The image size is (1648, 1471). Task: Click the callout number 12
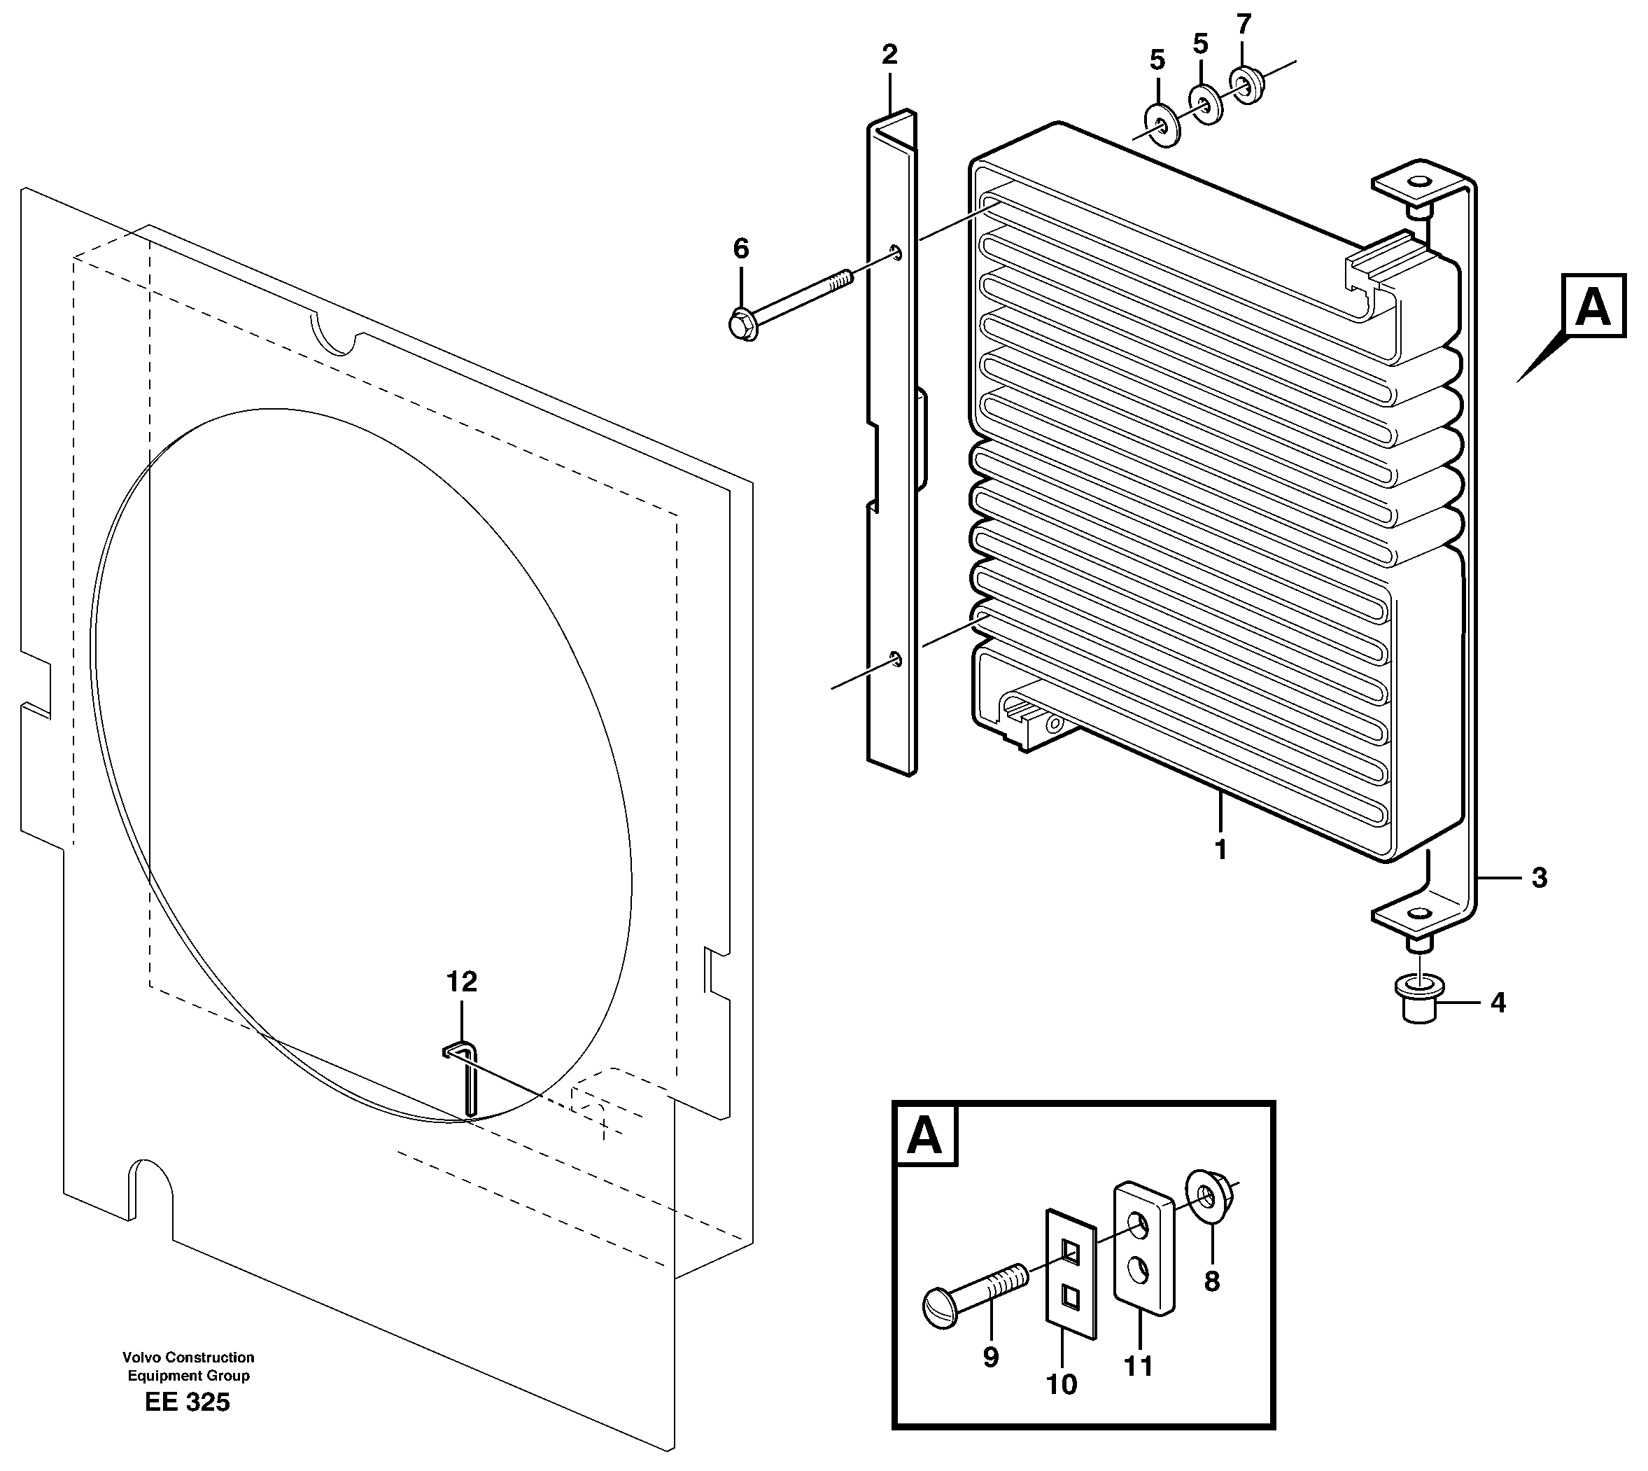[x=461, y=982]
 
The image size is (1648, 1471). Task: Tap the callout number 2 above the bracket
[x=889, y=55]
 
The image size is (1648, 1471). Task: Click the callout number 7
[x=1244, y=25]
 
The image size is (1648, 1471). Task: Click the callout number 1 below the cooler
[x=1220, y=849]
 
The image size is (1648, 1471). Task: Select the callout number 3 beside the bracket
[x=1539, y=878]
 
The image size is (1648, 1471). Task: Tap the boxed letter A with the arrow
[x=1592, y=307]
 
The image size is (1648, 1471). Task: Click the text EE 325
[x=188, y=1425]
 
